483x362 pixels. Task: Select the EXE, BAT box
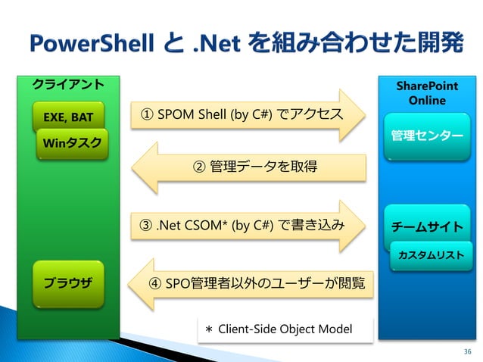coord(68,117)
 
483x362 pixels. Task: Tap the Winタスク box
coord(73,143)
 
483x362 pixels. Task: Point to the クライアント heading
coord(67,83)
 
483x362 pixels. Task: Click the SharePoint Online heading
coord(427,94)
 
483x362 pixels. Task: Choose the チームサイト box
coord(427,226)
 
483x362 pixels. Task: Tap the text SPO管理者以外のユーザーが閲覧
coord(265,283)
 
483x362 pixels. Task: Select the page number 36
coord(466,351)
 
